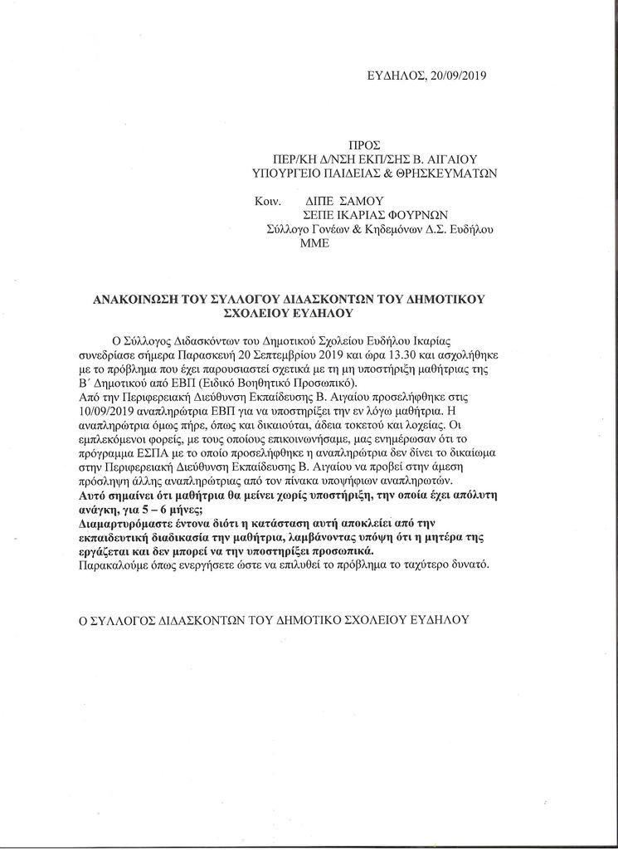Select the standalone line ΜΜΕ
(318, 243)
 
